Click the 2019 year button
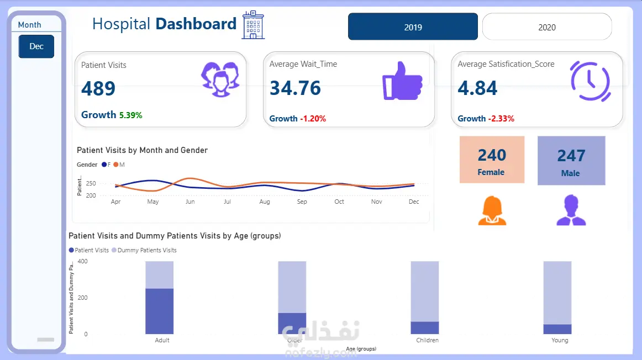(x=413, y=27)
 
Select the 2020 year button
(x=547, y=27)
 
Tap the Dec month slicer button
(x=36, y=46)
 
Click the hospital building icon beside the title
(x=253, y=25)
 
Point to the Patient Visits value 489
(x=98, y=88)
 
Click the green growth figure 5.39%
(x=131, y=115)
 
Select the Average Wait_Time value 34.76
(x=295, y=88)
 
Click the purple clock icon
(x=590, y=81)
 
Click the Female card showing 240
(x=492, y=160)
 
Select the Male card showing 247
(x=571, y=161)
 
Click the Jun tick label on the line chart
(x=190, y=202)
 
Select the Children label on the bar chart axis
(x=427, y=340)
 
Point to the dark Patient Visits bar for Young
(x=557, y=329)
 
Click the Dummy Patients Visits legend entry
(x=144, y=250)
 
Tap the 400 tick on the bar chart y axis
(x=82, y=261)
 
